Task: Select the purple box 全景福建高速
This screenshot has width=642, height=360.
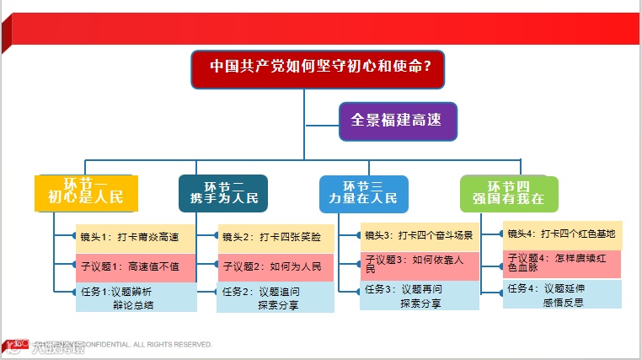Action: coord(397,121)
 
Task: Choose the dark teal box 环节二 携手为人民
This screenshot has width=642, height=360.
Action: coord(223,193)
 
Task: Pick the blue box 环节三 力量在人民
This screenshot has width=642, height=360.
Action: coord(363,193)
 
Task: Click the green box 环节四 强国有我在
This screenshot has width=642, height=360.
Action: coord(509,193)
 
